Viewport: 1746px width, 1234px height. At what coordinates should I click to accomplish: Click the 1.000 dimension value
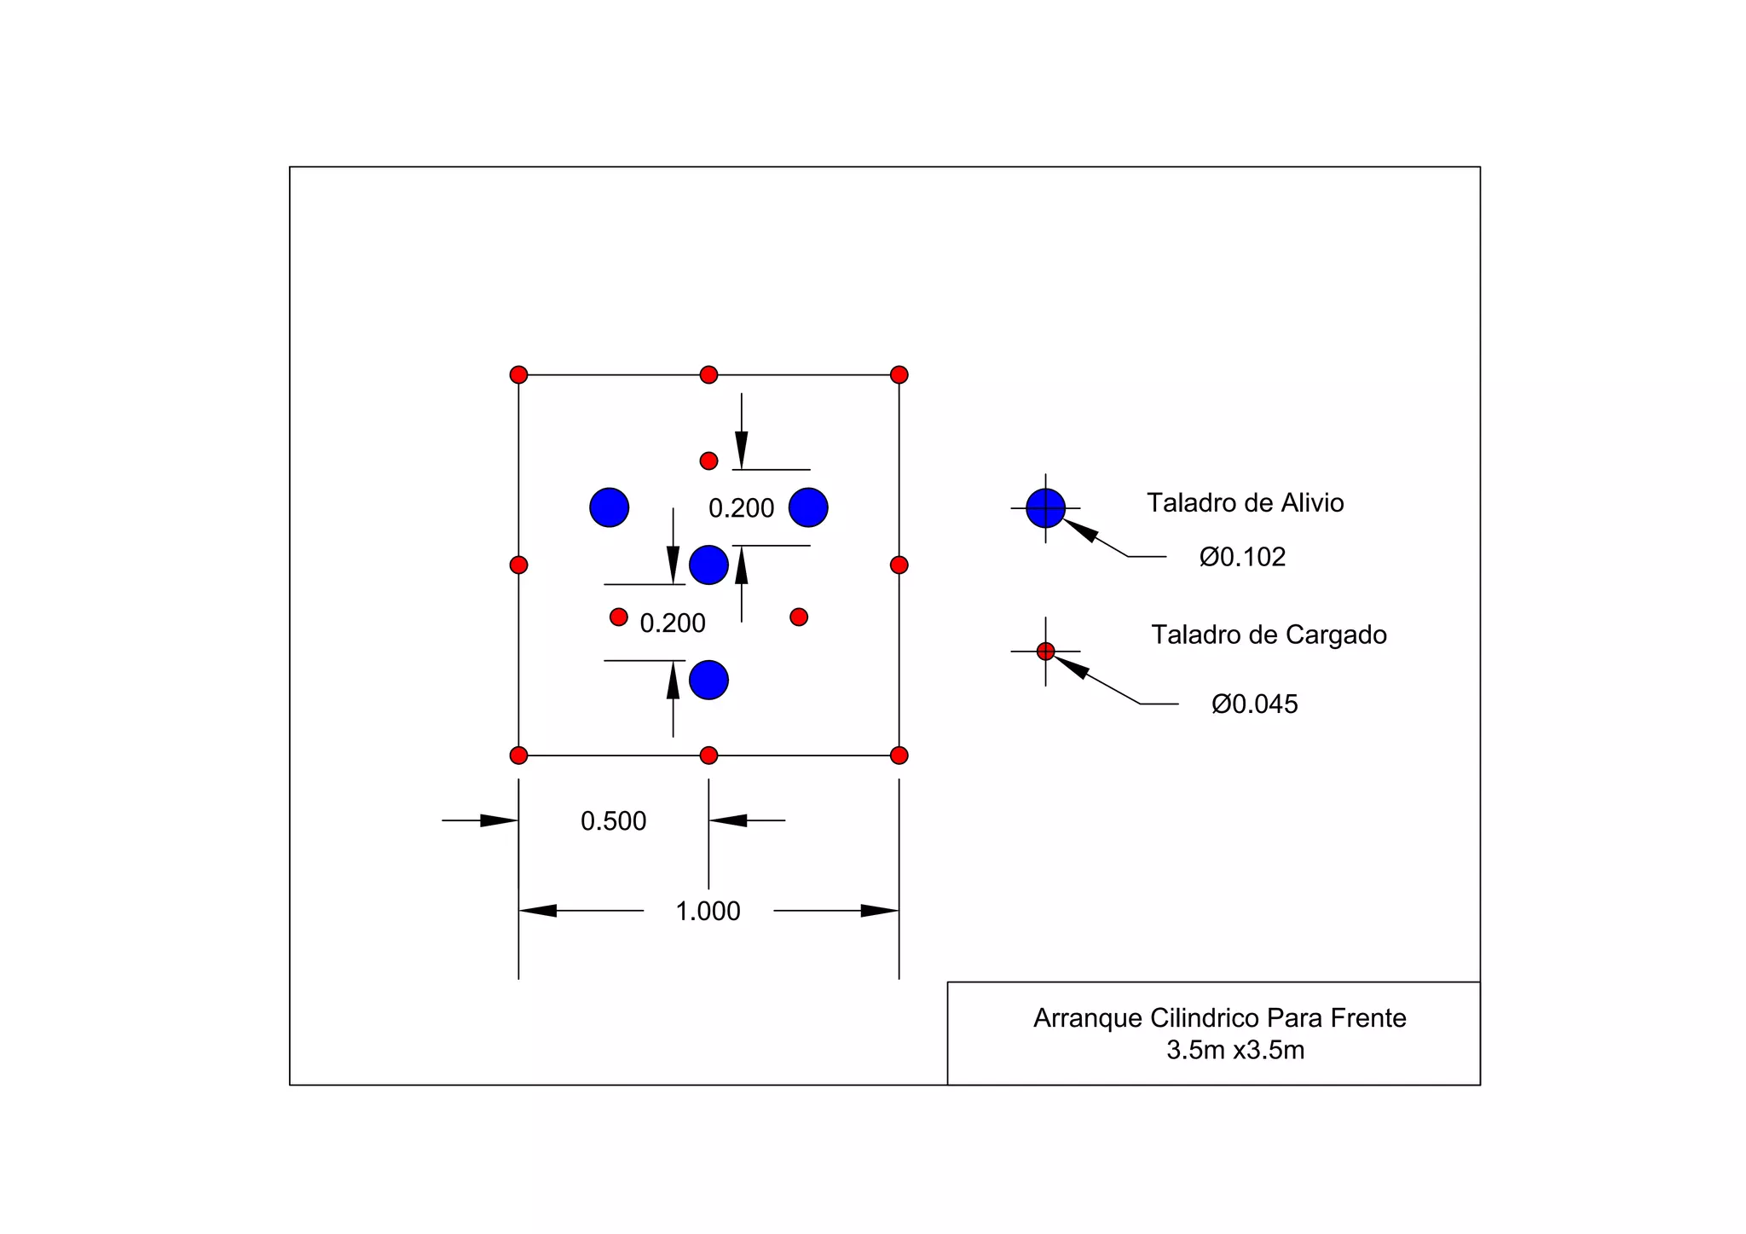pyautogui.click(x=708, y=911)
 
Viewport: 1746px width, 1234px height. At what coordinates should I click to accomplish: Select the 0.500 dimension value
pyautogui.click(x=613, y=820)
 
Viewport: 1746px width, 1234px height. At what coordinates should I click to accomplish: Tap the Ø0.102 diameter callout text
pyautogui.click(x=1242, y=557)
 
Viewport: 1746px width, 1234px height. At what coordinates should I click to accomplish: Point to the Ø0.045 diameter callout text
pyautogui.click(x=1254, y=704)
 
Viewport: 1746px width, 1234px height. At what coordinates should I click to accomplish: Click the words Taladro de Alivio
pyautogui.click(x=1245, y=502)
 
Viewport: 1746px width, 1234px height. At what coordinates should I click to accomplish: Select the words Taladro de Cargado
pyautogui.click(x=1269, y=634)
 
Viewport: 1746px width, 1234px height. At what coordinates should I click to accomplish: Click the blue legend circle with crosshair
pyautogui.click(x=1045, y=508)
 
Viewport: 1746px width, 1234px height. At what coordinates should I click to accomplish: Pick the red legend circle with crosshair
pyautogui.click(x=1045, y=652)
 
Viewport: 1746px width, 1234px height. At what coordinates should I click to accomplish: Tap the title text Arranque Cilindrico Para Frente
pyautogui.click(x=1219, y=1017)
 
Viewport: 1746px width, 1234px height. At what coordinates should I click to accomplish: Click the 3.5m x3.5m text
pyautogui.click(x=1235, y=1050)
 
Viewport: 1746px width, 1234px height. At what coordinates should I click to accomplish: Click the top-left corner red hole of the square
pyautogui.click(x=518, y=374)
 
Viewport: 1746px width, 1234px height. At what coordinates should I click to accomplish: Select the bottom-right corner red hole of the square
pyautogui.click(x=899, y=755)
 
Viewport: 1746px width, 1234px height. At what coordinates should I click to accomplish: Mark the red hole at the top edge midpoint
pyautogui.click(x=708, y=374)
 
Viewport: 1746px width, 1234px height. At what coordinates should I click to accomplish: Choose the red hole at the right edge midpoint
pyautogui.click(x=899, y=565)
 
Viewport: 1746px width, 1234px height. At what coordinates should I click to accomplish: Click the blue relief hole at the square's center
pyautogui.click(x=708, y=565)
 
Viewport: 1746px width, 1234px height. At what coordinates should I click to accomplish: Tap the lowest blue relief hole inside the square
pyautogui.click(x=708, y=680)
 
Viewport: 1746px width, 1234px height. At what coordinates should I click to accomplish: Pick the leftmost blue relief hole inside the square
pyautogui.click(x=609, y=507)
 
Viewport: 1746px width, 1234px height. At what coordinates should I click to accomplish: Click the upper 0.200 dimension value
pyautogui.click(x=741, y=508)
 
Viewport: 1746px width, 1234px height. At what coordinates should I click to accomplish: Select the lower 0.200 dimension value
pyautogui.click(x=673, y=623)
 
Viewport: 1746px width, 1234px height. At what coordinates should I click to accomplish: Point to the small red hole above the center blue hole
pyautogui.click(x=708, y=461)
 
